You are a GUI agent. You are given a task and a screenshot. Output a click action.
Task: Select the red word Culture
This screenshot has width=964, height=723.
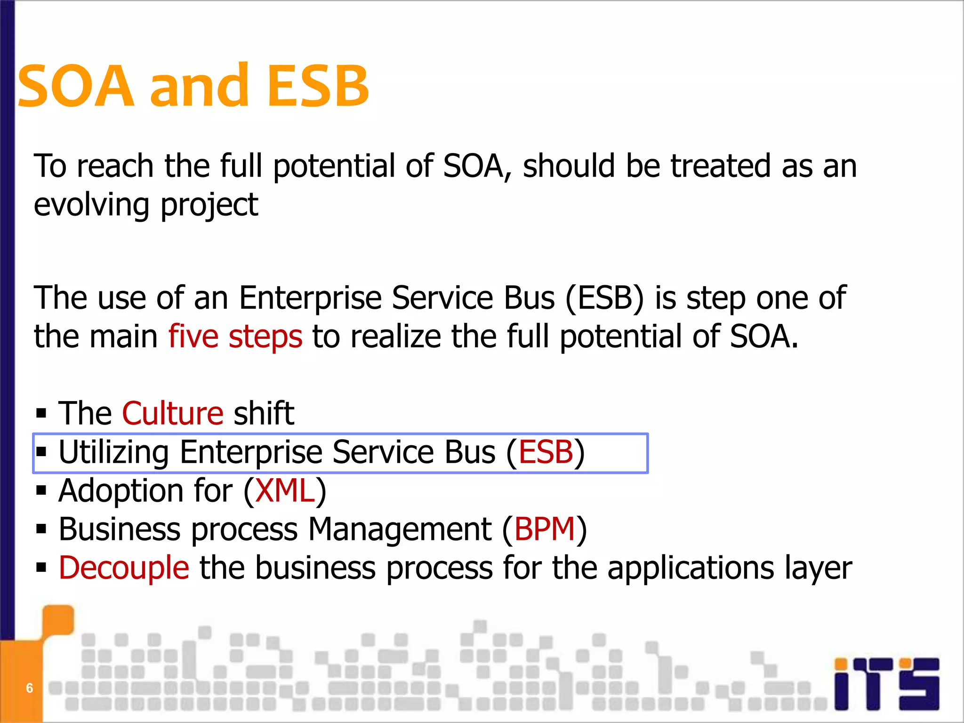173,414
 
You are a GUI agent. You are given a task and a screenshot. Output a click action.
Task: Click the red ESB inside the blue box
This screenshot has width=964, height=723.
546,452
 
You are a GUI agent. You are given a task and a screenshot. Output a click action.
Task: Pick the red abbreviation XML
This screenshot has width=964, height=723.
285,491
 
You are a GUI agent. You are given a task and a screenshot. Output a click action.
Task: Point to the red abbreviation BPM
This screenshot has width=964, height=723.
545,530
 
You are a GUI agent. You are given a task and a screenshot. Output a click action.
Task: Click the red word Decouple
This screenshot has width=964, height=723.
124,568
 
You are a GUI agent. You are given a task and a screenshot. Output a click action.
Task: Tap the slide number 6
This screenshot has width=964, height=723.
29,688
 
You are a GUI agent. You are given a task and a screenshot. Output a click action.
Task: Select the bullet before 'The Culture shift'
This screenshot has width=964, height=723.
41,414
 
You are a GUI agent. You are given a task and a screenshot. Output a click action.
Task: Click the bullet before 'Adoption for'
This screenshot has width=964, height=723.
41,491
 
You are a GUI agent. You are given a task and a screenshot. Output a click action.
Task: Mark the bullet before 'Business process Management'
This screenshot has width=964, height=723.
41,530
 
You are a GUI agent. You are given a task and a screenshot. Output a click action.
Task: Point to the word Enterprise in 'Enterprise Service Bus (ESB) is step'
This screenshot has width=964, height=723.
310,298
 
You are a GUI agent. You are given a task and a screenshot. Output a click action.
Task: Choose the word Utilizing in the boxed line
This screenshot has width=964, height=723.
113,452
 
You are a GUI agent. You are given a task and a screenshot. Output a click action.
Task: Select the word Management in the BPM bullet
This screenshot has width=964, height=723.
400,530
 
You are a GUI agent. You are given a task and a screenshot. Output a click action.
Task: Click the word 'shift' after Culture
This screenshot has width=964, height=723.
264,414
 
